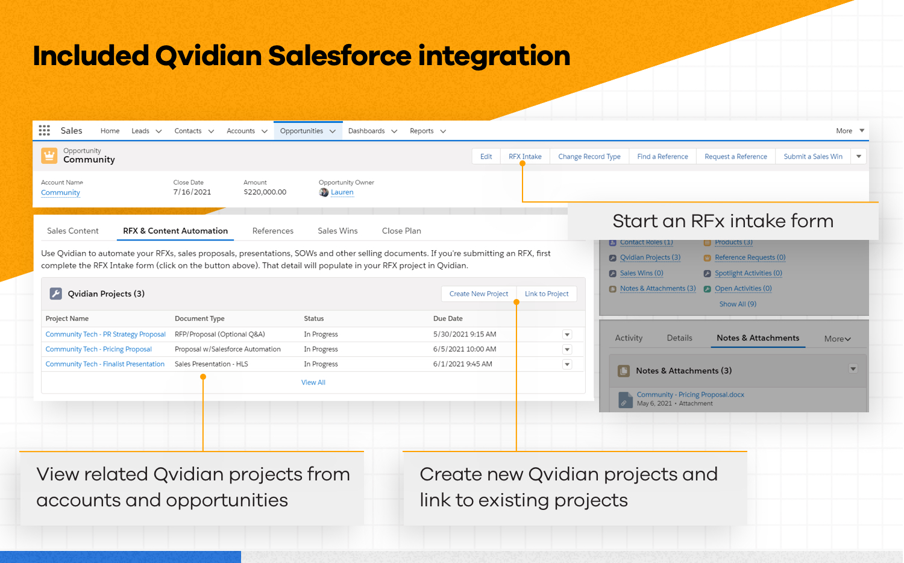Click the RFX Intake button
coord(525,157)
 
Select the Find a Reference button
coord(662,157)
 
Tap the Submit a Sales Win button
coord(813,157)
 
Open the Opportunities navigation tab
coord(301,131)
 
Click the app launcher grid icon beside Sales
coord(45,130)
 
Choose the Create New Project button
coord(479,294)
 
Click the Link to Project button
coord(547,294)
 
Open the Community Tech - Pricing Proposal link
coord(99,350)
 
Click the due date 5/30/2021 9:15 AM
coord(465,335)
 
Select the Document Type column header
coord(199,319)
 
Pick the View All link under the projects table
coord(313,383)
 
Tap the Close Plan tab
coord(401,231)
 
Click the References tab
coord(273,231)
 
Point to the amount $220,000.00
coord(265,192)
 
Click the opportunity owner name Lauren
coord(342,192)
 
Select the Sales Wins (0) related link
coord(641,273)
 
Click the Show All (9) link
coord(738,304)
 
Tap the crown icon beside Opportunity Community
coord(49,156)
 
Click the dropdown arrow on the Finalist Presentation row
coord(567,364)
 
